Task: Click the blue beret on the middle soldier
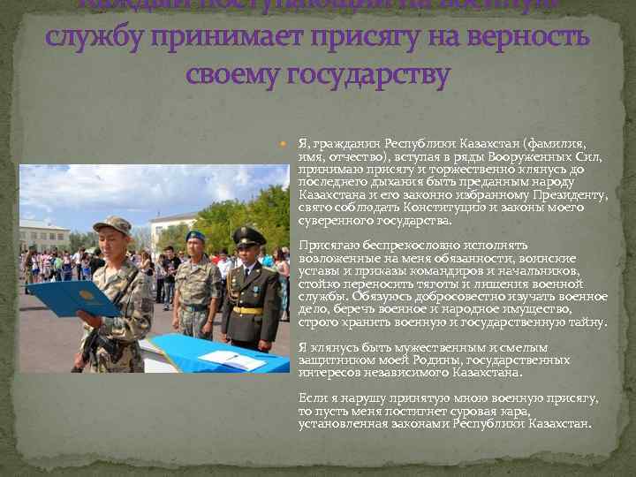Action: point(195,237)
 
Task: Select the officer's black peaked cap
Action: point(248,234)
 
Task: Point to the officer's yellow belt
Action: point(247,310)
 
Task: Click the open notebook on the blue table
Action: point(231,360)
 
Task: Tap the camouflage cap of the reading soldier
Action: point(112,224)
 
